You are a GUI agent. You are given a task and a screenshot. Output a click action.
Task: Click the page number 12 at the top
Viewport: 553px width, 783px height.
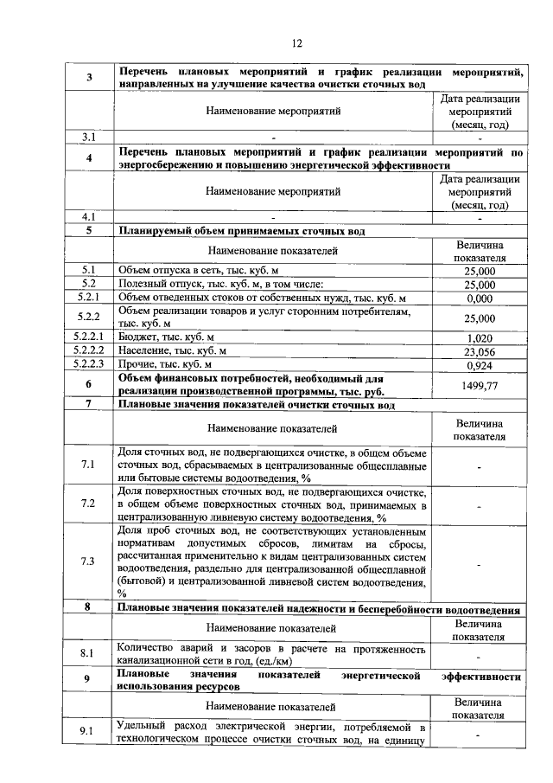[x=296, y=43]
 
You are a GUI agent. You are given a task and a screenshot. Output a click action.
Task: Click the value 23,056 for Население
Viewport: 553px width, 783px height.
[x=480, y=351]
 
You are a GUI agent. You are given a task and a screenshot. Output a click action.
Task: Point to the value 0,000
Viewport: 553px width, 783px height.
[x=480, y=298]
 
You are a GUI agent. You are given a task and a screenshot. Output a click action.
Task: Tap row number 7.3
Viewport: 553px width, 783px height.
[x=88, y=562]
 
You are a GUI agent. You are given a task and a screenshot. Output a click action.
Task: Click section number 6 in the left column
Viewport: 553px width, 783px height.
[x=88, y=385]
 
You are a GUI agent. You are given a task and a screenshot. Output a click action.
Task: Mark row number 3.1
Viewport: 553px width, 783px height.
[x=88, y=137]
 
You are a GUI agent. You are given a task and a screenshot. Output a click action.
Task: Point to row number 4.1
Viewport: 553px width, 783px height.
[x=88, y=216]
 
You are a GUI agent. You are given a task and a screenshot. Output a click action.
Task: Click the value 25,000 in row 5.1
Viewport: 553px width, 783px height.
[x=480, y=271]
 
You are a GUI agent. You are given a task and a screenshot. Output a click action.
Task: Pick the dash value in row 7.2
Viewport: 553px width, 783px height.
[x=480, y=504]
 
